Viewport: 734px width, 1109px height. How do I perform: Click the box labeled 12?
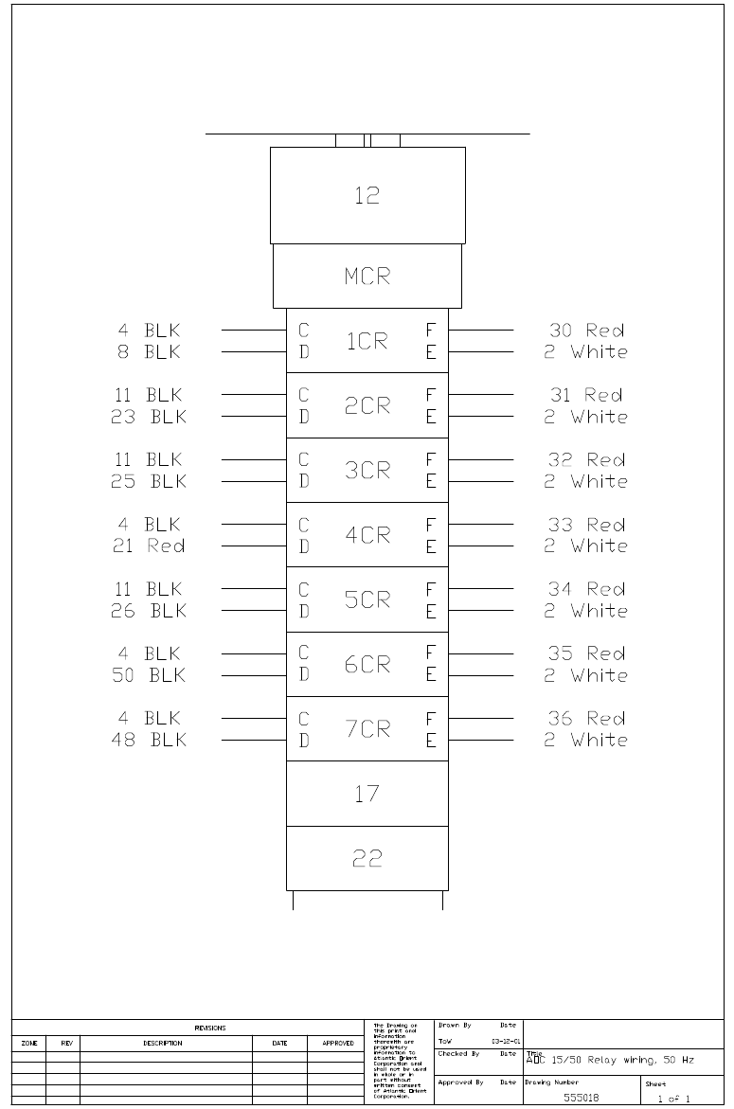(x=367, y=195)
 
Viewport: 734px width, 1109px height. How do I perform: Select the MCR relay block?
(x=367, y=277)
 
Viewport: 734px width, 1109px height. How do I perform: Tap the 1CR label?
(x=367, y=341)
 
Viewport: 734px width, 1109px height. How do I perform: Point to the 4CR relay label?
(x=367, y=535)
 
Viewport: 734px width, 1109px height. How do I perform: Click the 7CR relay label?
(x=367, y=729)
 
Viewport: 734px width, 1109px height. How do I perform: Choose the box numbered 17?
(x=367, y=794)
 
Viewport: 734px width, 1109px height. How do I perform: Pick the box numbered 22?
(x=367, y=858)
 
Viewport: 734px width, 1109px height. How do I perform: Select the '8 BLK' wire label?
(x=150, y=352)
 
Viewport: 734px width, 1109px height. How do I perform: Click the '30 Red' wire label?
(x=586, y=331)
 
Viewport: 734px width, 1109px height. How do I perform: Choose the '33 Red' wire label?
(x=586, y=525)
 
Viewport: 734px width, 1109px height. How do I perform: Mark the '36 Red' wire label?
(x=586, y=719)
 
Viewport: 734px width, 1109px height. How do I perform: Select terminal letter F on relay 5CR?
(x=431, y=590)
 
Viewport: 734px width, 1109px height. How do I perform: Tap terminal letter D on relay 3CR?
(x=304, y=481)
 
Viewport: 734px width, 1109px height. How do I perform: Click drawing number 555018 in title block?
(x=580, y=1098)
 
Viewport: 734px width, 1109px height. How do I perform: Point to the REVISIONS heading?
(x=210, y=1028)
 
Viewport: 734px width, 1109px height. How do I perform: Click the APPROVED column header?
(x=338, y=1043)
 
